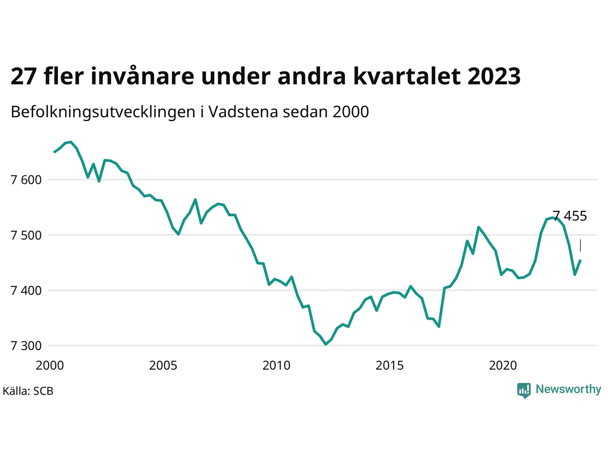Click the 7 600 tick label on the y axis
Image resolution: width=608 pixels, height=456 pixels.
pos(26,180)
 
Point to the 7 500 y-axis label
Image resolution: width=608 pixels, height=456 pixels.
pos(26,235)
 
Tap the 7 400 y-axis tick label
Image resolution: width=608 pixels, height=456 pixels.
pos(26,291)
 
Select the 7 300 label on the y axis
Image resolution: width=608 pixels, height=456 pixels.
pos(26,346)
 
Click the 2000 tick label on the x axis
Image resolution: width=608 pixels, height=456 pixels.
pos(50,365)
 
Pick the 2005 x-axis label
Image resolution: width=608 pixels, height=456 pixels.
pos(163,365)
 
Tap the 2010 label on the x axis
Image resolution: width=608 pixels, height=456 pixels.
pos(276,365)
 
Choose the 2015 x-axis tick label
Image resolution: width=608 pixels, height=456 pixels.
pos(389,365)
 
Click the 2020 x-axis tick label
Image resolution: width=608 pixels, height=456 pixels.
pos(503,365)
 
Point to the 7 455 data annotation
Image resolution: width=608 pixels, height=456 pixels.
pos(570,216)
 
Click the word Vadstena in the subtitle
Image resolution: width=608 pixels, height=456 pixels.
pos(243,112)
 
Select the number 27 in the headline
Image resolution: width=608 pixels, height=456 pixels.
pos(24,76)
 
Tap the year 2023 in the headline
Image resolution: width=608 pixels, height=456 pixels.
pos(494,76)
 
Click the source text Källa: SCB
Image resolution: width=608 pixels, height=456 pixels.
pos(28,391)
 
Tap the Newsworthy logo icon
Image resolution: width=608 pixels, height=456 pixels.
pos(524,390)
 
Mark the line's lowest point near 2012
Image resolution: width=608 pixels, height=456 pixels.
pos(326,344)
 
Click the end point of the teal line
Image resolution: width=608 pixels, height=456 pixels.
pos(580,260)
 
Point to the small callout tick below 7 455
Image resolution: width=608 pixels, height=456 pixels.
pos(580,245)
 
